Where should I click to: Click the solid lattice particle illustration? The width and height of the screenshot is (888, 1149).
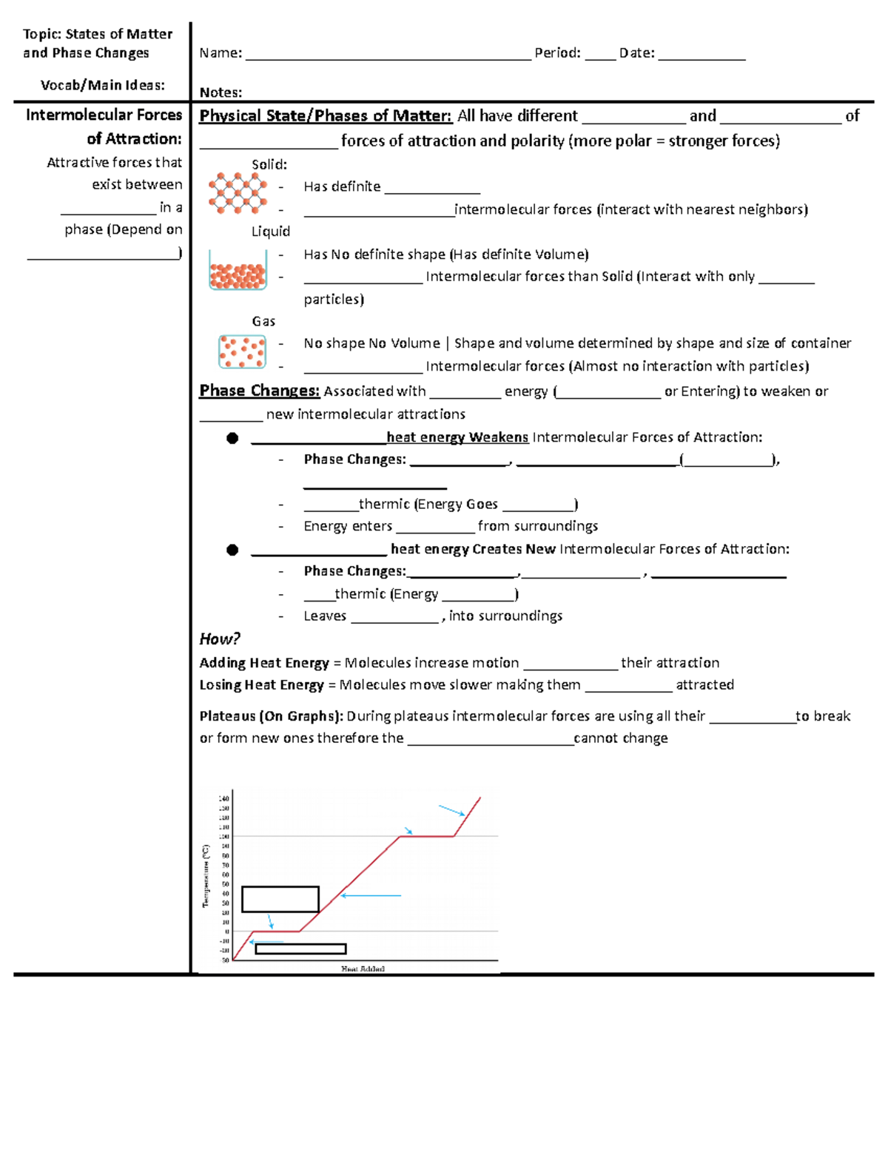(x=237, y=193)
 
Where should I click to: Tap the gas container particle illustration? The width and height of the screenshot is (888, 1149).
(x=242, y=351)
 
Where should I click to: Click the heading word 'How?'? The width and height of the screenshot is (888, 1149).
(x=219, y=639)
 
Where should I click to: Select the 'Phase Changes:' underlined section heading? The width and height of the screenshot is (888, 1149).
(x=259, y=391)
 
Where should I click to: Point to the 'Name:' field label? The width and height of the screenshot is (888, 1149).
(x=221, y=53)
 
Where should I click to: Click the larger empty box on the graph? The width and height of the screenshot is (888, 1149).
(x=280, y=899)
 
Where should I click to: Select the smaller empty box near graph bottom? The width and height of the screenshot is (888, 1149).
(x=300, y=948)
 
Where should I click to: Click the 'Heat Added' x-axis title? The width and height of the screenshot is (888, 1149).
(x=363, y=968)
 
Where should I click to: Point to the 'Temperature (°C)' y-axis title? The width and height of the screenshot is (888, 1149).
(x=206, y=876)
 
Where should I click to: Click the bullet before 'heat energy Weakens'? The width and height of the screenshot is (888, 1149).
(x=232, y=438)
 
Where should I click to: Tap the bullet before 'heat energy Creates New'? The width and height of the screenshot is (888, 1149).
(x=232, y=550)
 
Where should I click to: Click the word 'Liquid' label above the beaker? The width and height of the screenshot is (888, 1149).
(x=270, y=232)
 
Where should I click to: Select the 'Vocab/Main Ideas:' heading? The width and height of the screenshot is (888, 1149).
(x=103, y=85)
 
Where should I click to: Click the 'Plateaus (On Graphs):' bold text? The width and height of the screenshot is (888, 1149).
(x=271, y=716)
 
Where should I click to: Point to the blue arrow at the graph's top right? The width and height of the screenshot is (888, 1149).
(x=451, y=810)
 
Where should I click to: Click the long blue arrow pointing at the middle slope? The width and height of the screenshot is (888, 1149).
(x=371, y=895)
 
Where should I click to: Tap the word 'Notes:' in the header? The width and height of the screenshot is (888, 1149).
(x=221, y=92)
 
